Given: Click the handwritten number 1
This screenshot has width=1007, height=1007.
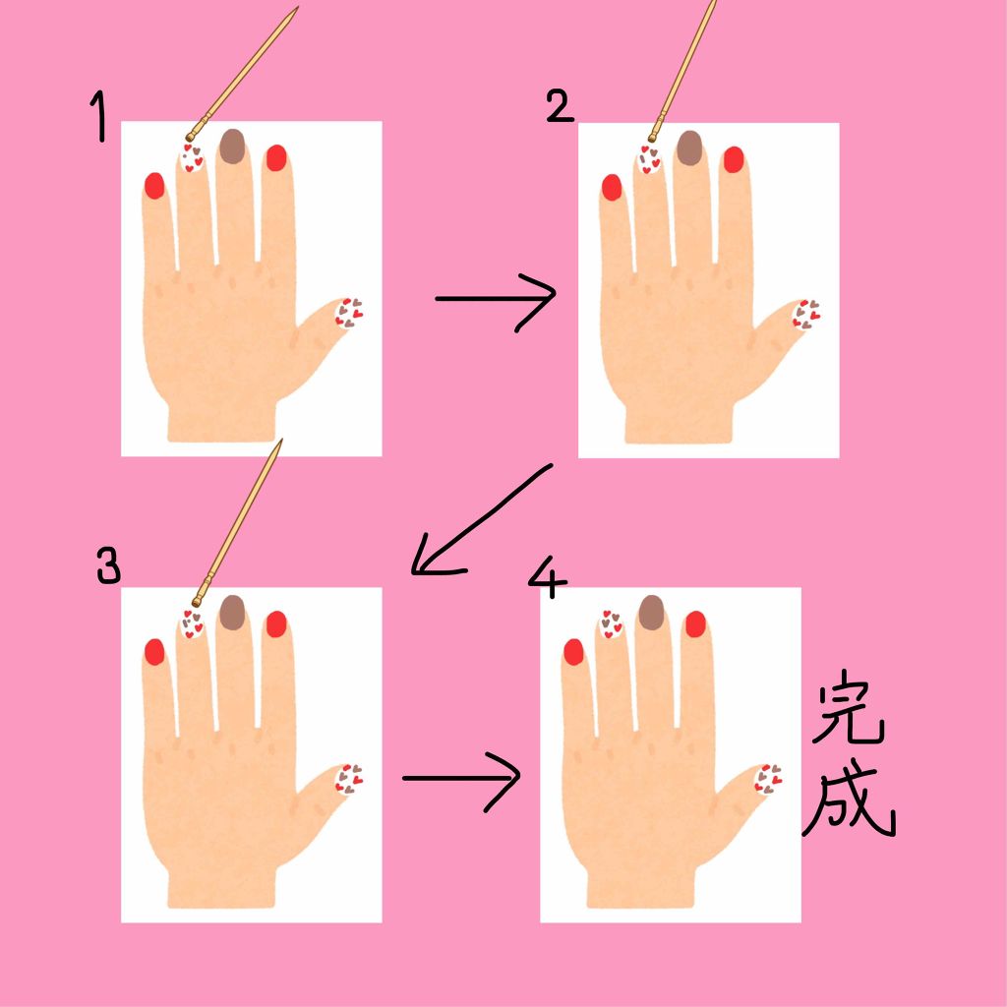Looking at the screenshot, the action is (x=99, y=116).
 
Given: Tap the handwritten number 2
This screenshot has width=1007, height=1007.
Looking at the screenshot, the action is (x=560, y=106).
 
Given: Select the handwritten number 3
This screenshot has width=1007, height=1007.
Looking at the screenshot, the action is (x=108, y=565).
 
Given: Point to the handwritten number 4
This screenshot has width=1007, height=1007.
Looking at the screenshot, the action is (x=547, y=576).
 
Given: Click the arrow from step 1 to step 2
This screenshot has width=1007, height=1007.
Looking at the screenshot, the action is (x=496, y=299).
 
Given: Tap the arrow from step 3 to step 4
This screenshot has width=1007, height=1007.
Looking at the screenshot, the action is (x=461, y=778).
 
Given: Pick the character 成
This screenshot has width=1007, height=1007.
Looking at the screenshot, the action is (x=848, y=799).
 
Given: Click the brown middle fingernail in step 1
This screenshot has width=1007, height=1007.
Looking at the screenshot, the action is (x=232, y=146).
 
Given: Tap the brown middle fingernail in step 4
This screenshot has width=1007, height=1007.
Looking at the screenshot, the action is (x=651, y=612).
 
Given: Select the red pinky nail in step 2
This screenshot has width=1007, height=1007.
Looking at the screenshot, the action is (x=612, y=187).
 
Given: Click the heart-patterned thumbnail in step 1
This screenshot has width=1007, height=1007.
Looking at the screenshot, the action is (x=348, y=313).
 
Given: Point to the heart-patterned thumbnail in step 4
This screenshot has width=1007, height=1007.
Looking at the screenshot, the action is (x=767, y=779).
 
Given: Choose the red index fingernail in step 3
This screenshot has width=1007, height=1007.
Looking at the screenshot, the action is (x=276, y=623).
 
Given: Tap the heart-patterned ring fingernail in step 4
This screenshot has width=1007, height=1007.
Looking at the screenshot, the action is (x=610, y=623).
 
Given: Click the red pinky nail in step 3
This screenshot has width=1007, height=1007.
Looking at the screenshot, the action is (x=154, y=651).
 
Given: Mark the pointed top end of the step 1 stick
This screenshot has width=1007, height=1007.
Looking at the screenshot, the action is (x=298, y=8).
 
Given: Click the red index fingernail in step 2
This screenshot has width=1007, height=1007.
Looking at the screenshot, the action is (x=734, y=159).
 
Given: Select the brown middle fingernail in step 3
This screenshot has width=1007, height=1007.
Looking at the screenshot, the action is (x=232, y=612).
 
